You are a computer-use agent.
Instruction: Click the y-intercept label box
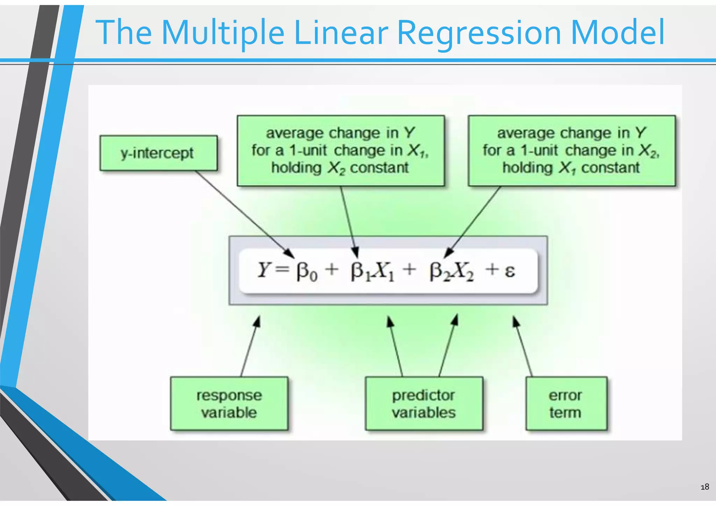158,153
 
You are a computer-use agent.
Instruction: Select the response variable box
229,404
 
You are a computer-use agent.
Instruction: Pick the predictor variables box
424,404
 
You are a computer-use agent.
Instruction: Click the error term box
566,404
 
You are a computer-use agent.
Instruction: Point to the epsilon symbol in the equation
510,271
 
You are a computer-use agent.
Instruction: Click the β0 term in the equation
307,271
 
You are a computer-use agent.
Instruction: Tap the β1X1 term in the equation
372,271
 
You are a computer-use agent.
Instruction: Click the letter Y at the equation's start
264,270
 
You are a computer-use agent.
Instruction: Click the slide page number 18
705,487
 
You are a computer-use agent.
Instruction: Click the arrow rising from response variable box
250,346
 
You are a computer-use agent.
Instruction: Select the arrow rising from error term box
523,346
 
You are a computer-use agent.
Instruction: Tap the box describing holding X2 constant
341,150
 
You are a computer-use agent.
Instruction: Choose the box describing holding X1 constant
572,150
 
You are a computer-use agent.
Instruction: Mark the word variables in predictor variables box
424,413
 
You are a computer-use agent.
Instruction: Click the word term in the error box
565,413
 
